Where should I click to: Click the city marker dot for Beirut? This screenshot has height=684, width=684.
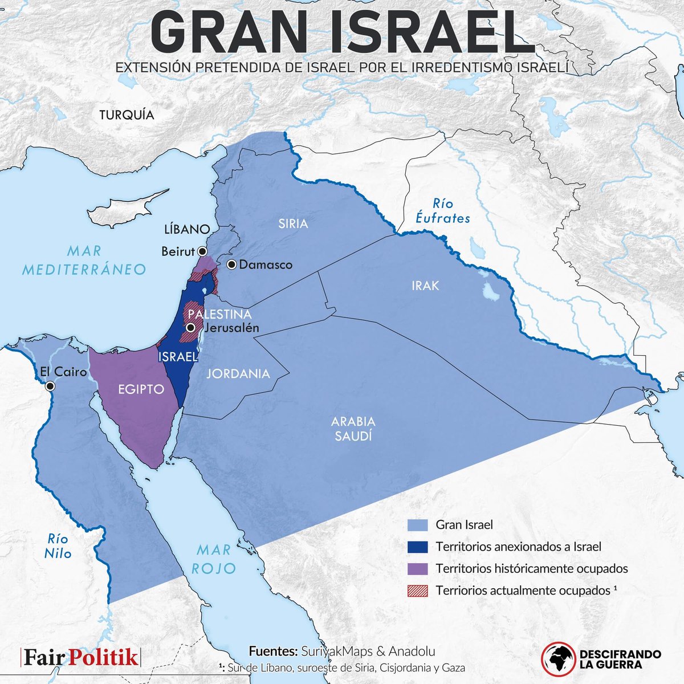tap(201, 251)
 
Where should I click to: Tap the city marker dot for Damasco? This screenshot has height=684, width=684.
tap(231, 264)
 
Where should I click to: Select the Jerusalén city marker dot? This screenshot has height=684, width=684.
tap(190, 328)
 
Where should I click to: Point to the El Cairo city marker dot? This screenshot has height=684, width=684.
tap(51, 386)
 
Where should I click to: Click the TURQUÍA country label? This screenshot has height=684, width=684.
tap(127, 115)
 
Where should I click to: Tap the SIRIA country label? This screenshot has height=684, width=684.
tap(293, 223)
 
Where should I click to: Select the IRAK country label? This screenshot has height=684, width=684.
tap(425, 285)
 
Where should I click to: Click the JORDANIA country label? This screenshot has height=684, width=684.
tap(238, 374)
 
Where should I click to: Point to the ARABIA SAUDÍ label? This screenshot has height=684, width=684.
tap(353, 429)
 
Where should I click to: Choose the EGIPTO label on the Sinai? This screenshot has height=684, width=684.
tap(141, 390)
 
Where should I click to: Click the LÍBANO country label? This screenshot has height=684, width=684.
tap(187, 229)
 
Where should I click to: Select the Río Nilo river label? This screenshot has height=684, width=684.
tap(58, 545)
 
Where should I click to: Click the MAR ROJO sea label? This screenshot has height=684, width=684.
tap(214, 559)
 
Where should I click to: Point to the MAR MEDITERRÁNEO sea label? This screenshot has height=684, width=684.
tap(84, 260)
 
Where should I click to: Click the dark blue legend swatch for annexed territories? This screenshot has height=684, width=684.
tap(418, 547)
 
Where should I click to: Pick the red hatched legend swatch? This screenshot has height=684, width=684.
tap(418, 591)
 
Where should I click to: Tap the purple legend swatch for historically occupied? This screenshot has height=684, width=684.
tap(418, 568)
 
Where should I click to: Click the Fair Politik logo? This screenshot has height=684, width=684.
tap(80, 657)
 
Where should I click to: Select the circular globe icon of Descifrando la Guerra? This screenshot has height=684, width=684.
tap(557, 657)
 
